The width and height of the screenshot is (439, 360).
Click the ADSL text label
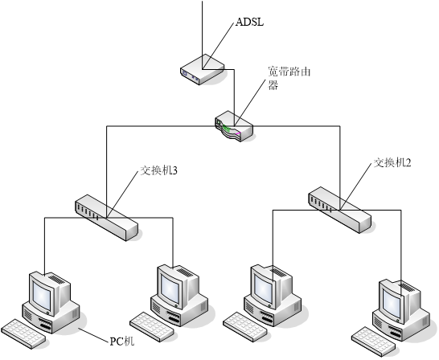point(249,22)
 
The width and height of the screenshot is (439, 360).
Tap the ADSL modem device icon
point(202,69)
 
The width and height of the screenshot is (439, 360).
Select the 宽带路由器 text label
point(289,78)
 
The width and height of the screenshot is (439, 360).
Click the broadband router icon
point(234,126)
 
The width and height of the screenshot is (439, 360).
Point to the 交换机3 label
point(158,170)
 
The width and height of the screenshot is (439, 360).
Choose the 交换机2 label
point(392,162)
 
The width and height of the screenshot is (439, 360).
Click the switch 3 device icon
point(107,218)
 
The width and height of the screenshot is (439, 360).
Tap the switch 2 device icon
point(340,210)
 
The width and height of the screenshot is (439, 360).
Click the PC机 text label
point(121,342)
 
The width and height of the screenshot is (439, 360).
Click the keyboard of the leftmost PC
point(23,333)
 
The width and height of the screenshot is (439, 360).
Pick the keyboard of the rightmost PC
point(374,342)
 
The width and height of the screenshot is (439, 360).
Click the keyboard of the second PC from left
point(152,327)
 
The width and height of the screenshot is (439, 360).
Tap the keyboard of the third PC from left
point(245,327)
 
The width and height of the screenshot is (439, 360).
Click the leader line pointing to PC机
point(93,335)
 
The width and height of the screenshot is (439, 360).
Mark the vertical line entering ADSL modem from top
point(202,35)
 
